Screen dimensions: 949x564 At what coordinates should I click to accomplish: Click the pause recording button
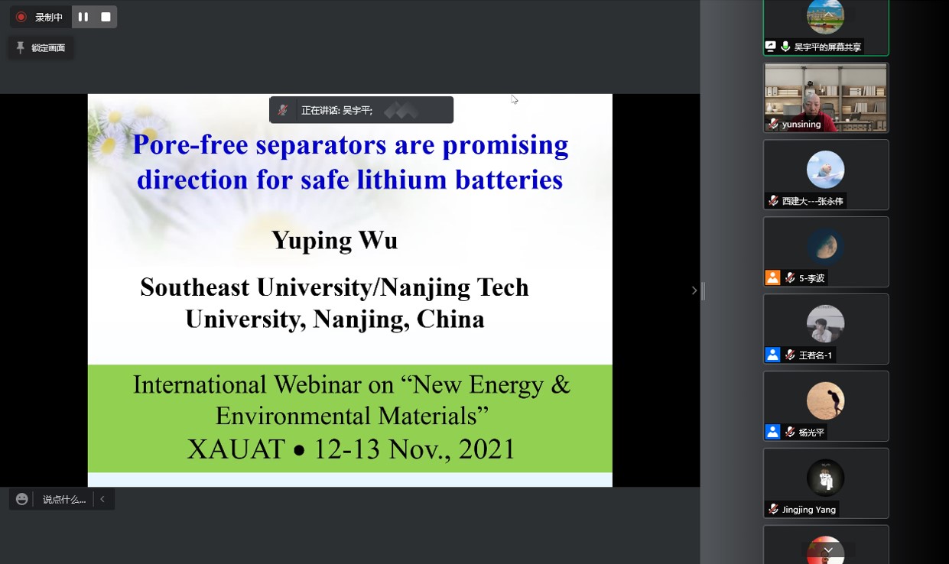(x=83, y=17)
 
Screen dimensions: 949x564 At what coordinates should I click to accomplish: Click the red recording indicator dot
(x=21, y=17)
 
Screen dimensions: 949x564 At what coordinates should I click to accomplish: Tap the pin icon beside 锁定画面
(x=20, y=47)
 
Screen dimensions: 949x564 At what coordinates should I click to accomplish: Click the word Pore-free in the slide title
(x=190, y=144)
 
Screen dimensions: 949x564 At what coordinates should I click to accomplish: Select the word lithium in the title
(x=401, y=180)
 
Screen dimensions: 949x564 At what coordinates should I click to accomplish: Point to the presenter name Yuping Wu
(x=335, y=241)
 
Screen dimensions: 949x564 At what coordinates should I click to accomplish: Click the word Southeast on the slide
(x=195, y=287)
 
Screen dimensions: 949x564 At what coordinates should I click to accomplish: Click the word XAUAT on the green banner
(x=236, y=449)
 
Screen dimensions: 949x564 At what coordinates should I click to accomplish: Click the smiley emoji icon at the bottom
(x=21, y=499)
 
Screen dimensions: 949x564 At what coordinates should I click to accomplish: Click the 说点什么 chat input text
(x=64, y=500)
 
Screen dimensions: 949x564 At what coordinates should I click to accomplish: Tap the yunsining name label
(x=801, y=124)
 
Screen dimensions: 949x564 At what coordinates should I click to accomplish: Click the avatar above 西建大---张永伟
(x=825, y=170)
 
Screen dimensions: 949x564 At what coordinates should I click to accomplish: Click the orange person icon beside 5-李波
(x=772, y=277)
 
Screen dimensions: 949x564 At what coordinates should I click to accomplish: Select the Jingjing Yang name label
(x=809, y=510)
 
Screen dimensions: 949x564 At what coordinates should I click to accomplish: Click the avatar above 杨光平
(x=825, y=400)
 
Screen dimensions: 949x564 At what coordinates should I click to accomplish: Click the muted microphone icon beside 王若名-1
(x=790, y=355)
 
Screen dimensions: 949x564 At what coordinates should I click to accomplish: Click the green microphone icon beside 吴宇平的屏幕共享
(x=785, y=46)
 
